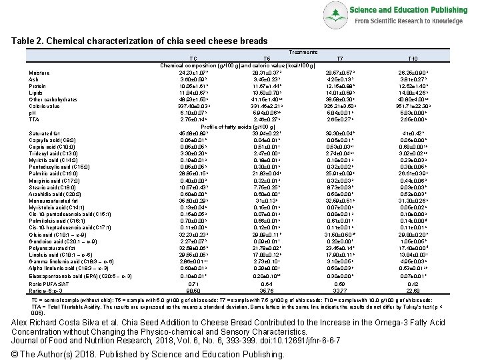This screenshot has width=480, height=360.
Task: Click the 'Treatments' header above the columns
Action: pyautogui.click(x=303, y=52)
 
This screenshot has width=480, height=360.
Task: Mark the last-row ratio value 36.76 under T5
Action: pyautogui.click(x=267, y=290)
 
